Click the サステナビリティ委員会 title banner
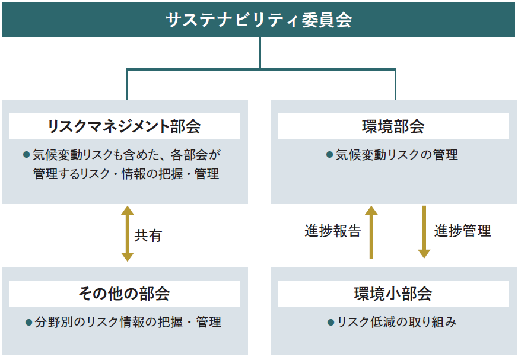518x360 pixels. tap(259, 20)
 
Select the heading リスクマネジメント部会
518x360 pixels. tap(124, 126)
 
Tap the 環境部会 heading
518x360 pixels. tap(393, 126)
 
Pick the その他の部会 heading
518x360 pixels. tap(124, 294)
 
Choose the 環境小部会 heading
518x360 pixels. tap(393, 294)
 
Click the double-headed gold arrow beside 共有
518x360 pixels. tap(127, 234)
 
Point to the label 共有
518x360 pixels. tap(148, 235)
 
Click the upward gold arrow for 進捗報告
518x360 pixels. tap(371, 232)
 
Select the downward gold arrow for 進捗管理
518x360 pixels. tap(424, 232)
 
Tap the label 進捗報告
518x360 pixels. tap(333, 231)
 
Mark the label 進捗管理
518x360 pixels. tap(462, 231)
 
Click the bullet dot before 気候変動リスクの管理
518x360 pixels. tap(329, 155)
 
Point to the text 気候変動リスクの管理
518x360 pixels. tap(396, 155)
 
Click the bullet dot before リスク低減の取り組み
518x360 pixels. tap(331, 323)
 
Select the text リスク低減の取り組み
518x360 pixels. tap(396, 323)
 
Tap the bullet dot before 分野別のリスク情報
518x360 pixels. tap(28, 323)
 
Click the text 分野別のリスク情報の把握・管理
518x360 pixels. tap(128, 323)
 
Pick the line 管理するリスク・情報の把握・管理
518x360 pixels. tap(126, 174)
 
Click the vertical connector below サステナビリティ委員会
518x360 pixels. tap(260, 53)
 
